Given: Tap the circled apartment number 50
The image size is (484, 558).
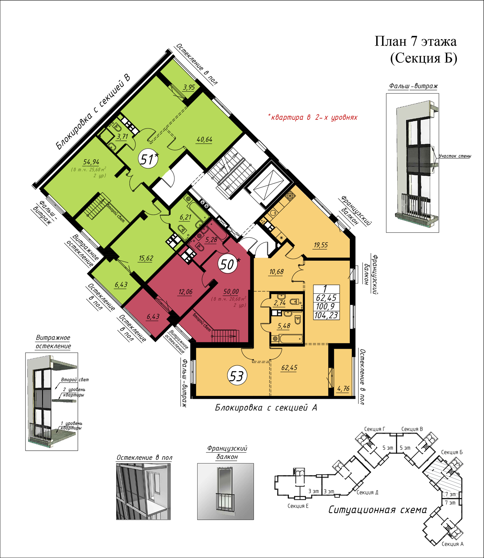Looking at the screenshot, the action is coord(227,264).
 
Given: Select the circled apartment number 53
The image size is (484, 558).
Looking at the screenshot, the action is coord(237,376).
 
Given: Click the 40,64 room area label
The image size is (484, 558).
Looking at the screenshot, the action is coord(205,139).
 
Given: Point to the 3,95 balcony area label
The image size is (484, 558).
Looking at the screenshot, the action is coord(189,87).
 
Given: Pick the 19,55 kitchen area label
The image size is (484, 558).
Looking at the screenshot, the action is coord(321,245).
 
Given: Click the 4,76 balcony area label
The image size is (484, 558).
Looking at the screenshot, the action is coord(343,388).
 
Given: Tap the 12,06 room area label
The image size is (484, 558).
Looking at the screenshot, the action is coord(186,292).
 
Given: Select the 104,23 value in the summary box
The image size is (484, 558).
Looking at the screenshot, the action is coord(326,315).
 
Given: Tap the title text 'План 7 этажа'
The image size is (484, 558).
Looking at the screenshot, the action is coord(416,41).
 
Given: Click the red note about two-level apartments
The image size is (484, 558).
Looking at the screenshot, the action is coord(313,117).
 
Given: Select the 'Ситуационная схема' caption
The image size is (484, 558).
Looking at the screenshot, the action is coord(378,510).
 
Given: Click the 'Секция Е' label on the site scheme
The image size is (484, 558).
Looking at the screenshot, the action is coord(298,506).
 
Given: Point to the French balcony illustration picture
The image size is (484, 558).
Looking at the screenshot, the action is coord(226,491).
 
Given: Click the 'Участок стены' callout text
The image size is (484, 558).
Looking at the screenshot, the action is coord(455,156).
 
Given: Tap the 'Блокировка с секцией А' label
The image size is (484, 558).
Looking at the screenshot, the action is coord(266,408).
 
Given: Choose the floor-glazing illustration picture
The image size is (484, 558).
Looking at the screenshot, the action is coord(143,491).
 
